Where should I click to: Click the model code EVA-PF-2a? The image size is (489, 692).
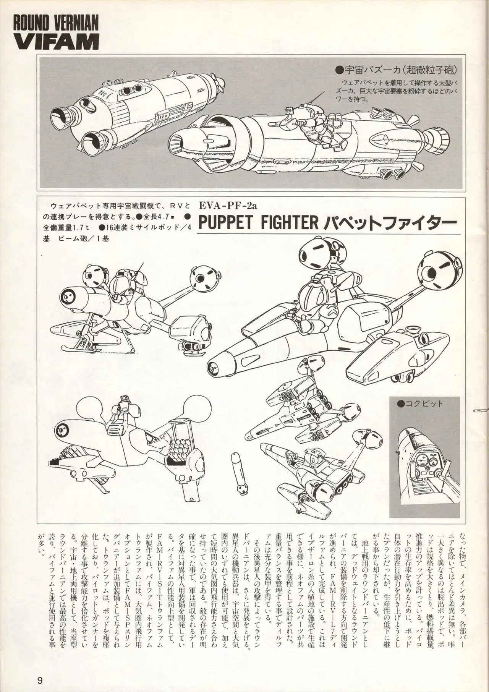pyautogui.click(x=228, y=206)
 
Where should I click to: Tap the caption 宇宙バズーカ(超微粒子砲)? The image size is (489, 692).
pyautogui.click(x=396, y=70)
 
